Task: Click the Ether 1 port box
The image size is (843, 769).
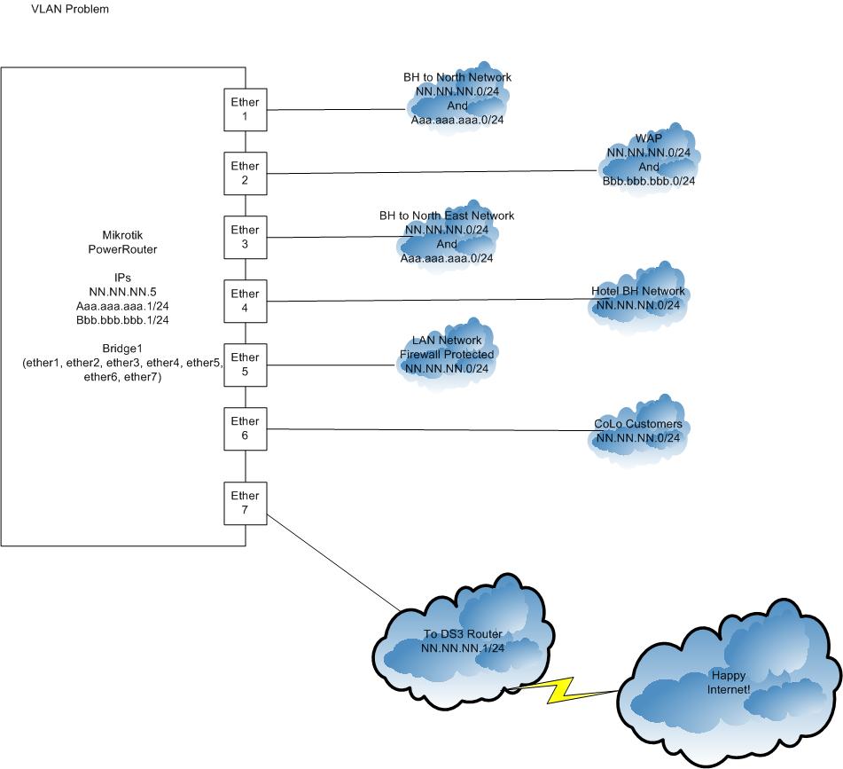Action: coord(245,109)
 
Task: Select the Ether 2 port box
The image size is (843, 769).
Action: coord(245,173)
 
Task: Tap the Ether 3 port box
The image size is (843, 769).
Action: coord(245,237)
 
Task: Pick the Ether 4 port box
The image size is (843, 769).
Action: coord(245,301)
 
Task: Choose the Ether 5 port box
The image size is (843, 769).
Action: coord(245,365)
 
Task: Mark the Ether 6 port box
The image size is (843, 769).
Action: coord(245,428)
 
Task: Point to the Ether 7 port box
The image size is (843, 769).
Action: coord(245,503)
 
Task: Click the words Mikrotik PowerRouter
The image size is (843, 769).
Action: coord(122,242)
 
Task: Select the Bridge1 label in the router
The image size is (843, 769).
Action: coord(122,348)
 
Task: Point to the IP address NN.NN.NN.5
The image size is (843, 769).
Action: coord(122,292)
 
